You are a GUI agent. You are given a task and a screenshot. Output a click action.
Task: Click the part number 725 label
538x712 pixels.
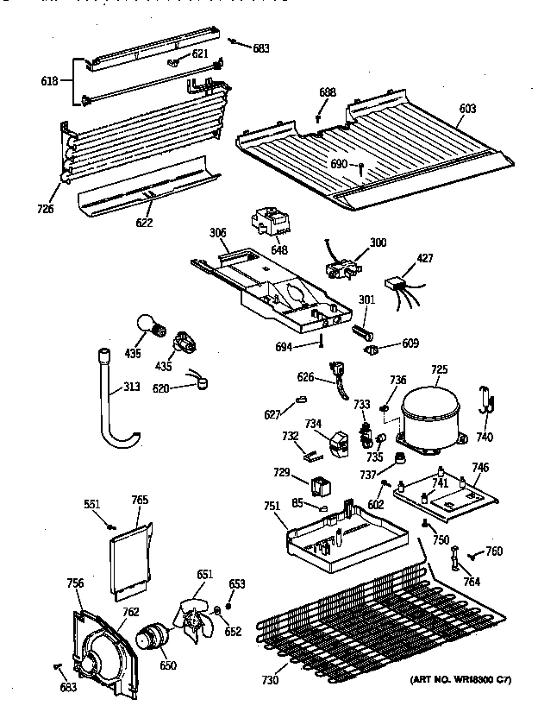439,370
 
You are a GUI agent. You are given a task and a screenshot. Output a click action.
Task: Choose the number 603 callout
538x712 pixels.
467,108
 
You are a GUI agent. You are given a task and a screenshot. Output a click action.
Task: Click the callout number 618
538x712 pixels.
50,81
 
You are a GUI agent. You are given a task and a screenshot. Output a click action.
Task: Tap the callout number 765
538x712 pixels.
140,500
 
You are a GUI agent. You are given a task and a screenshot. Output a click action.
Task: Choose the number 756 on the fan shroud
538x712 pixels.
75,584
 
